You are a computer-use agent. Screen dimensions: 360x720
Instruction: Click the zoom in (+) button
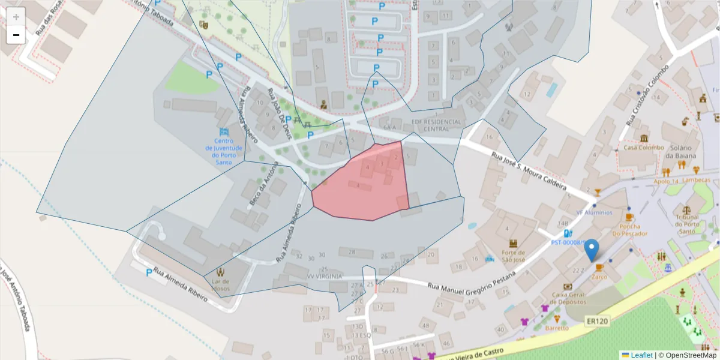tap(16, 17)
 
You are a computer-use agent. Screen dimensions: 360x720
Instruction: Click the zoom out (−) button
tap(16, 35)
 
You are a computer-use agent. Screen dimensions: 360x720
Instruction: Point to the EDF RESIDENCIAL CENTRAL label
tap(437, 125)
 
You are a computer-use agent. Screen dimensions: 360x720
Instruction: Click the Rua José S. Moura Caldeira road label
tap(529, 172)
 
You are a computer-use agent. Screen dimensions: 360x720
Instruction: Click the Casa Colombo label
tap(644, 148)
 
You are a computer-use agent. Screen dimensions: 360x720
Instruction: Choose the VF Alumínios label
tap(594, 212)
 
